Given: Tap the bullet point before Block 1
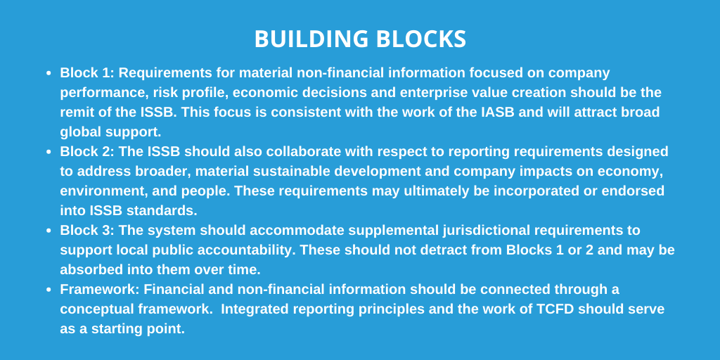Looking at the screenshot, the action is (49, 73).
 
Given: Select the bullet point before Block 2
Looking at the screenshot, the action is (49, 152).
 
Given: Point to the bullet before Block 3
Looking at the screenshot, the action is (49, 231).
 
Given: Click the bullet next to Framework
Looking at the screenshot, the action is (49, 290).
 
